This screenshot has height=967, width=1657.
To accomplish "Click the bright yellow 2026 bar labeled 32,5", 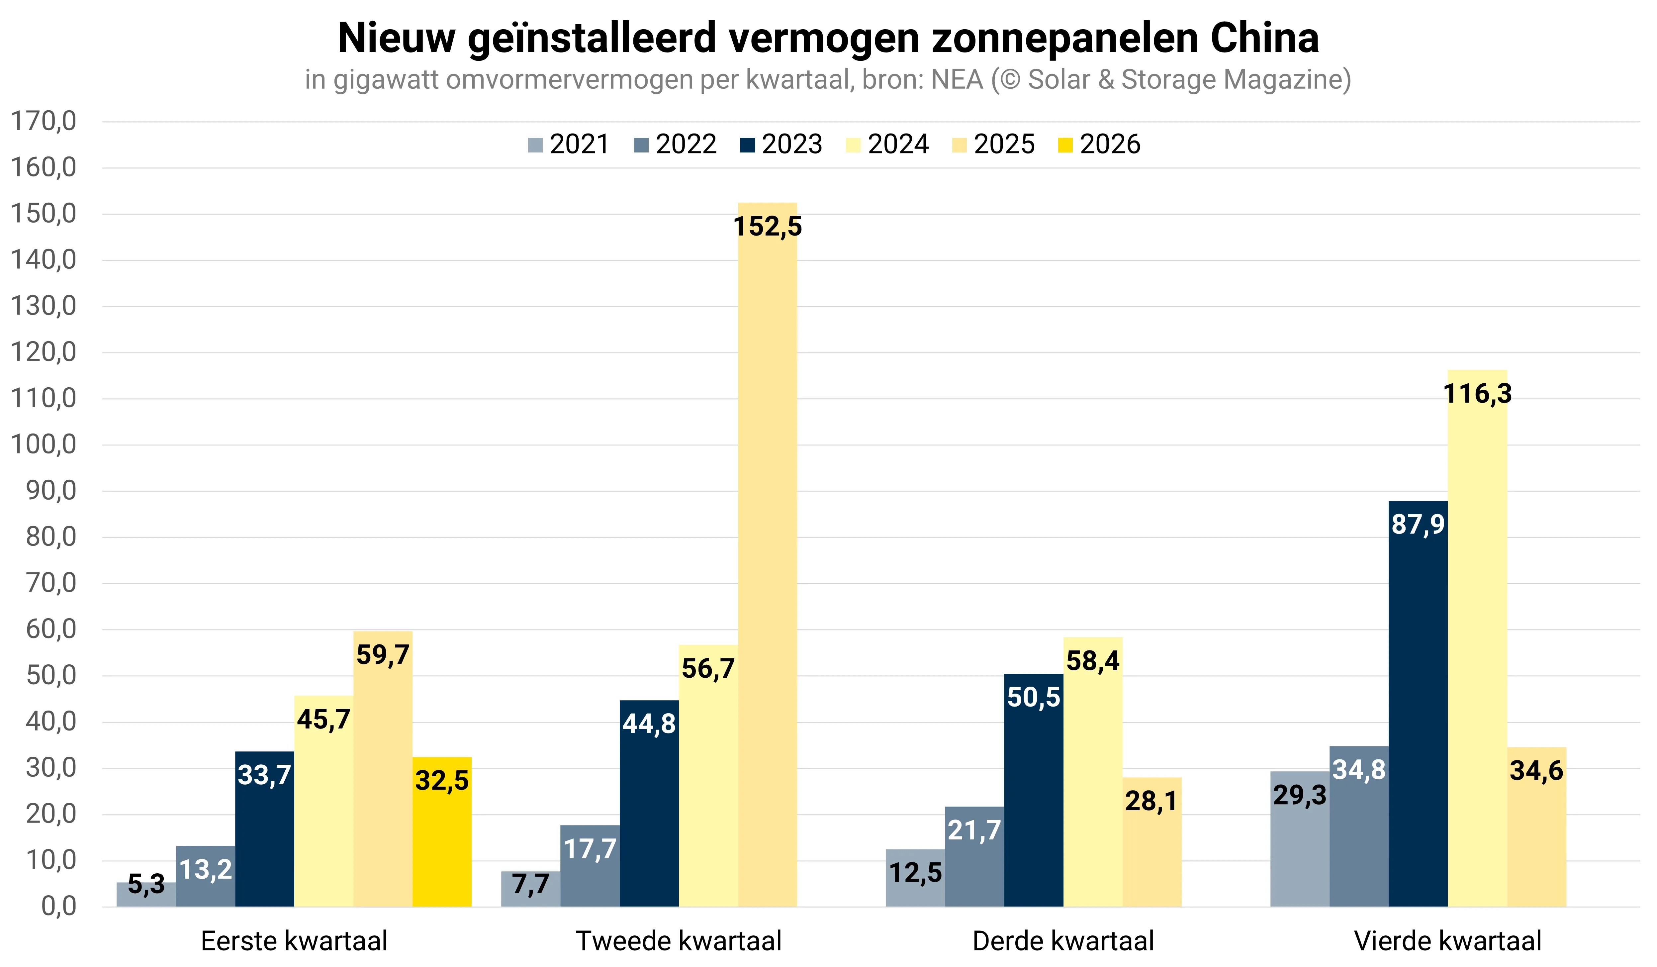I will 442,832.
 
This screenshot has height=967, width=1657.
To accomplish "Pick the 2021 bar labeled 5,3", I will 146,895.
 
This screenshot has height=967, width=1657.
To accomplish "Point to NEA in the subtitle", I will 957,80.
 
